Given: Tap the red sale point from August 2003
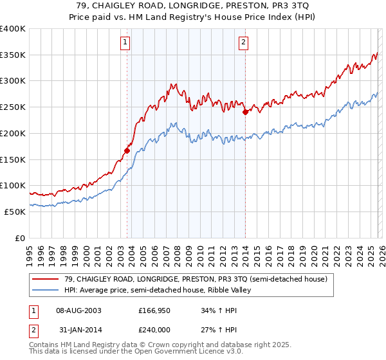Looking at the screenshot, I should tap(127, 151).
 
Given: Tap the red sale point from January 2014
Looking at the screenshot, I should tap(245, 112).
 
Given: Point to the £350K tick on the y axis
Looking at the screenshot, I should tap(13, 55).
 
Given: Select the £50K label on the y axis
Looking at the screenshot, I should tap(15, 212).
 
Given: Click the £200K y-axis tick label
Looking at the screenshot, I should tap(13, 134).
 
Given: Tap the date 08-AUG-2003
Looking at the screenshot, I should tap(78, 310).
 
